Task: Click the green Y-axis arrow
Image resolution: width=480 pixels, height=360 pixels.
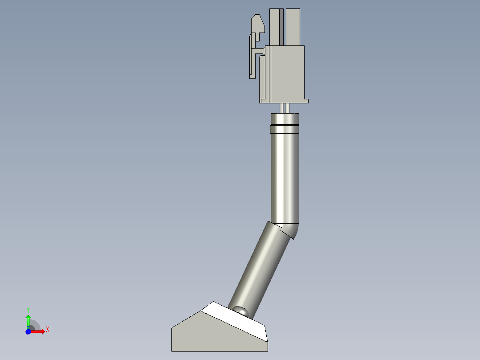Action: (x=28, y=319)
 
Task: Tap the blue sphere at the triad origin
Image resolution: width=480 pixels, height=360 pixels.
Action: (x=28, y=331)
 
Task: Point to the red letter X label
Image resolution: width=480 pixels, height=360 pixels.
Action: (x=48, y=330)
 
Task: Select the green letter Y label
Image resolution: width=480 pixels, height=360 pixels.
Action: (x=28, y=309)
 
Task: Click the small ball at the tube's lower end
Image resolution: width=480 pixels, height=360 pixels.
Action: (x=241, y=310)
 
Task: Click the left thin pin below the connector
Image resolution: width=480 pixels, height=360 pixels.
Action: (x=281, y=108)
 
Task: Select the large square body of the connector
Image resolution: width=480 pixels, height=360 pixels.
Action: (x=287, y=74)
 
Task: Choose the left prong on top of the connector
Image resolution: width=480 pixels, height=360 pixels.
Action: (x=275, y=27)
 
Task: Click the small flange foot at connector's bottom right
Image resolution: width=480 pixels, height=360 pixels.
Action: (x=306, y=101)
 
